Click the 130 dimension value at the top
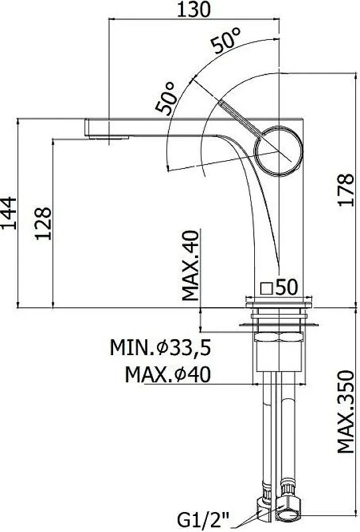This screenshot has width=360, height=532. [194, 9]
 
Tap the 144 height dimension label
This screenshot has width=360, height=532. [9, 213]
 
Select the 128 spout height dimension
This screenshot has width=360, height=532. [43, 223]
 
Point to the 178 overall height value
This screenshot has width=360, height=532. [346, 190]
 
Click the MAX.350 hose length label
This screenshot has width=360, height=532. [346, 412]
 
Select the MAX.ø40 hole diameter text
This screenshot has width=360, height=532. [168, 374]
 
